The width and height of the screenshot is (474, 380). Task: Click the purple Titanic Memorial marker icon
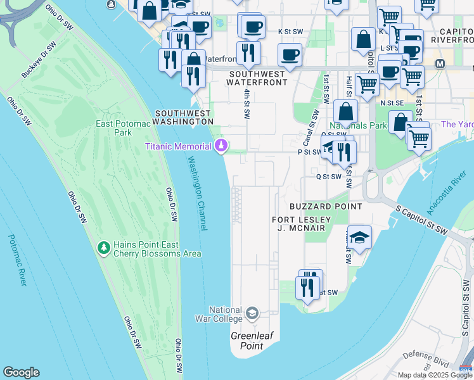coord(221,146)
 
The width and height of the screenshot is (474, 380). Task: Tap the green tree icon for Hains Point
coord(103,247)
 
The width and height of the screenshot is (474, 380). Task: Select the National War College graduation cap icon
coord(252,313)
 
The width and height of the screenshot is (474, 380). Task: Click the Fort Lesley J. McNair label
coord(298,224)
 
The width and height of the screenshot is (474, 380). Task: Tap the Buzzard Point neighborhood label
coord(326,206)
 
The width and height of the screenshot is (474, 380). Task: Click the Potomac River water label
coord(17,260)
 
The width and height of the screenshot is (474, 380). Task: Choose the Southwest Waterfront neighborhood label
coord(257,78)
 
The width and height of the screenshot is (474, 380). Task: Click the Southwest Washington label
coord(183,117)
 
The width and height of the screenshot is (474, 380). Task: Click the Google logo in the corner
coord(21,372)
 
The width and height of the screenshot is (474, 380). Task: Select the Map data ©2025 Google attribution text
coord(435,375)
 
